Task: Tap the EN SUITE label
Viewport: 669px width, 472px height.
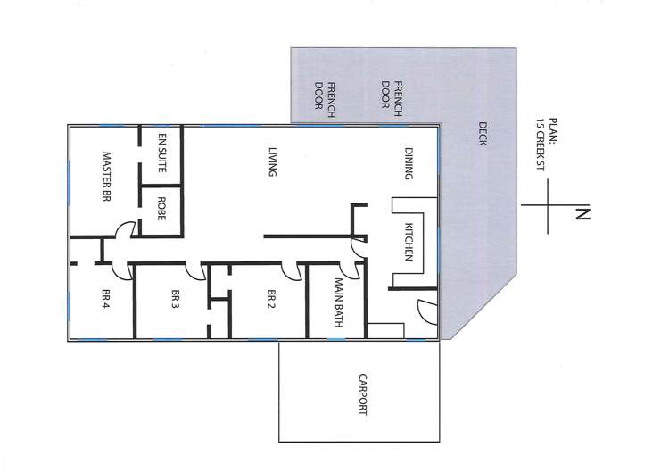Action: tap(162, 152)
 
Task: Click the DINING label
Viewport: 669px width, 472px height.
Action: tap(409, 163)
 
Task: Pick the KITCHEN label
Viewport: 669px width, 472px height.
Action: tap(409, 242)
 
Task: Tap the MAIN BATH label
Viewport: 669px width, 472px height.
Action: tap(339, 304)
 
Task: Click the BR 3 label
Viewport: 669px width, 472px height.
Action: tap(176, 298)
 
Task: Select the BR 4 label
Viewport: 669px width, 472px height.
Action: tap(105, 298)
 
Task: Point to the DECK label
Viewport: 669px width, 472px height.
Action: tap(483, 134)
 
